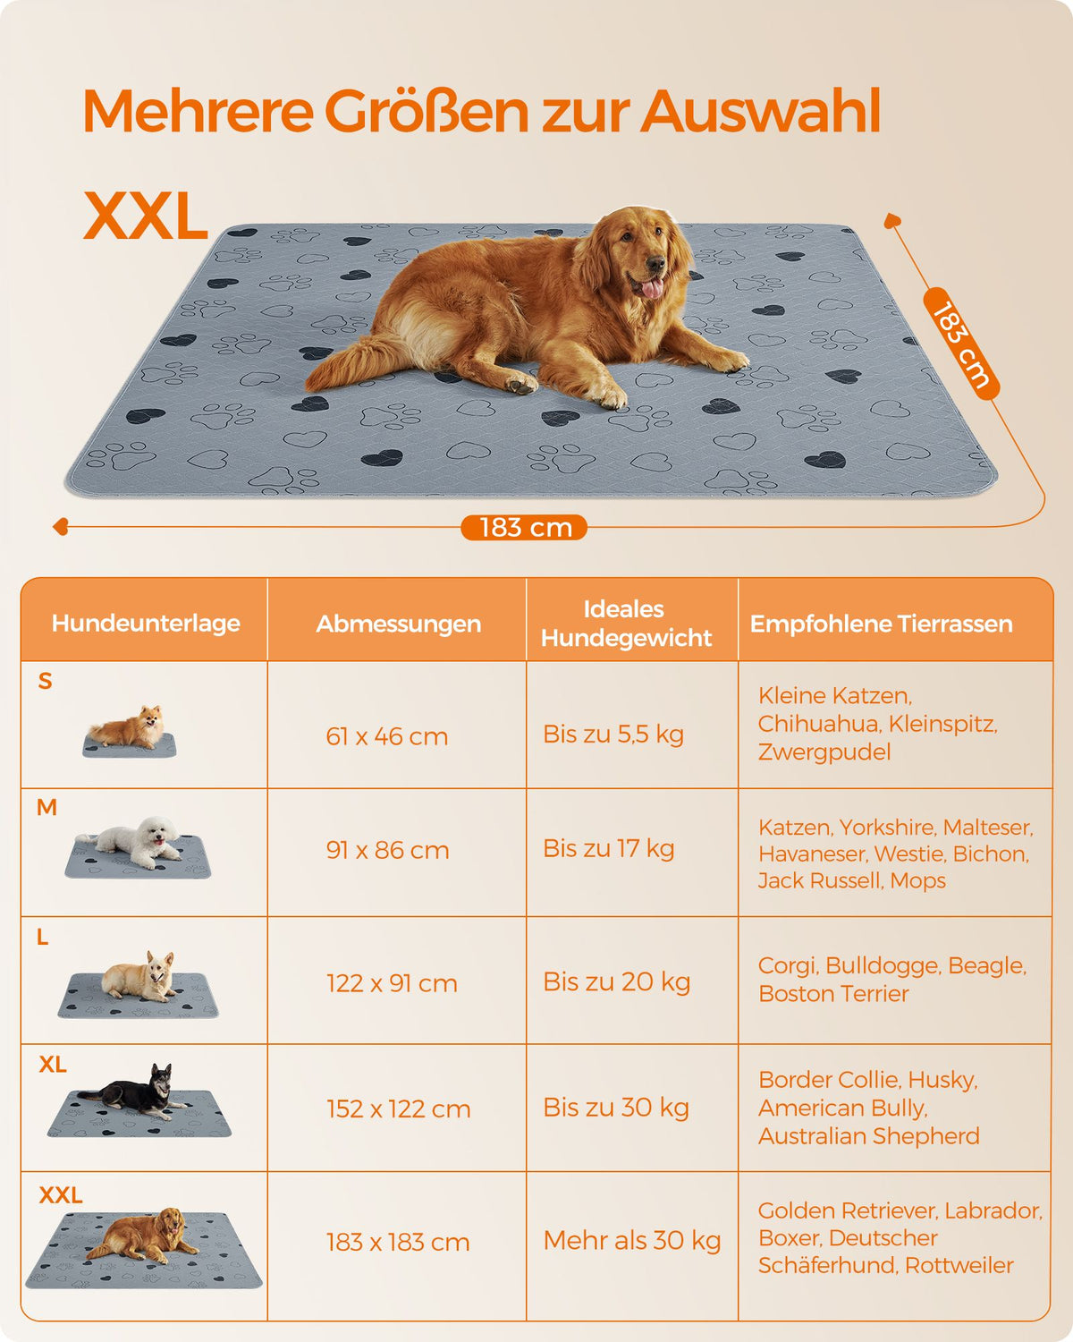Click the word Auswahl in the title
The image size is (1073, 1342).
(760, 111)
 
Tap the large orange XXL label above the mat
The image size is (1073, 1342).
(146, 216)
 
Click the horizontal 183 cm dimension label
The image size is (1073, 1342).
(524, 528)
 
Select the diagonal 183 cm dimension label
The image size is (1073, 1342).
(960, 344)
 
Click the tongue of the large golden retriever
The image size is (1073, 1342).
(652, 288)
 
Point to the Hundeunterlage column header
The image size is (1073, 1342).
(146, 623)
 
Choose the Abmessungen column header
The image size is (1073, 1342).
(399, 624)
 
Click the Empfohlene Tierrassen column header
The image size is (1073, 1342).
(881, 624)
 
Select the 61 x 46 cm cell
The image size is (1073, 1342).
(386, 736)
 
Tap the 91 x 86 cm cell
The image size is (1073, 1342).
(387, 851)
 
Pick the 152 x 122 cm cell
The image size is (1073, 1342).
(399, 1108)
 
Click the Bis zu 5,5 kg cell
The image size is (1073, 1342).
(613, 735)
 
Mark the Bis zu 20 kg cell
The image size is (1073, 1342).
(617, 981)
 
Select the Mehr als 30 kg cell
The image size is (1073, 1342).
(631, 1240)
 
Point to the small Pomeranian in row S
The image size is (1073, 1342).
(128, 727)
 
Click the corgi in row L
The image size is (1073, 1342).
(139, 976)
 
